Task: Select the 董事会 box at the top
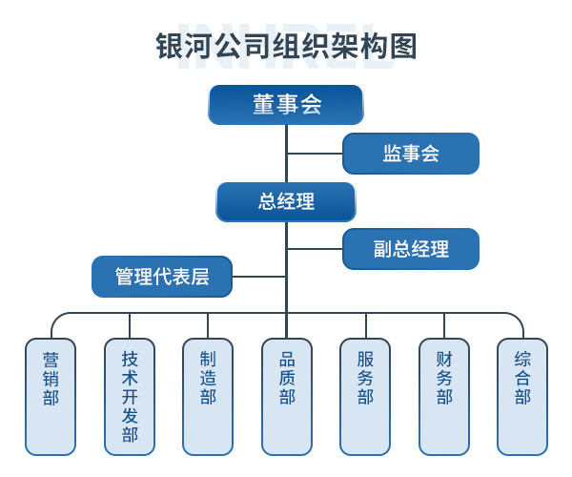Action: click(x=286, y=105)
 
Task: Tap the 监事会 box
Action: click(x=410, y=154)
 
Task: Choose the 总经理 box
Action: click(x=286, y=202)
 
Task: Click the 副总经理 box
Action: click(x=410, y=249)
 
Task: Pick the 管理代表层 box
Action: click(x=161, y=277)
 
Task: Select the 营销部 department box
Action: click(x=51, y=396)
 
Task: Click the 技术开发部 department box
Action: click(x=130, y=396)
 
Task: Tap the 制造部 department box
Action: click(x=208, y=396)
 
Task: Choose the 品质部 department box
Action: click(x=287, y=396)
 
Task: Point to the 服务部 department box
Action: click(x=365, y=396)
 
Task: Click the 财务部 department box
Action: click(x=444, y=396)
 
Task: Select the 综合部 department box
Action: click(x=522, y=396)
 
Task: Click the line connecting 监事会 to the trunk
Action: click(x=315, y=153)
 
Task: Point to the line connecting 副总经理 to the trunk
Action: click(x=315, y=249)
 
